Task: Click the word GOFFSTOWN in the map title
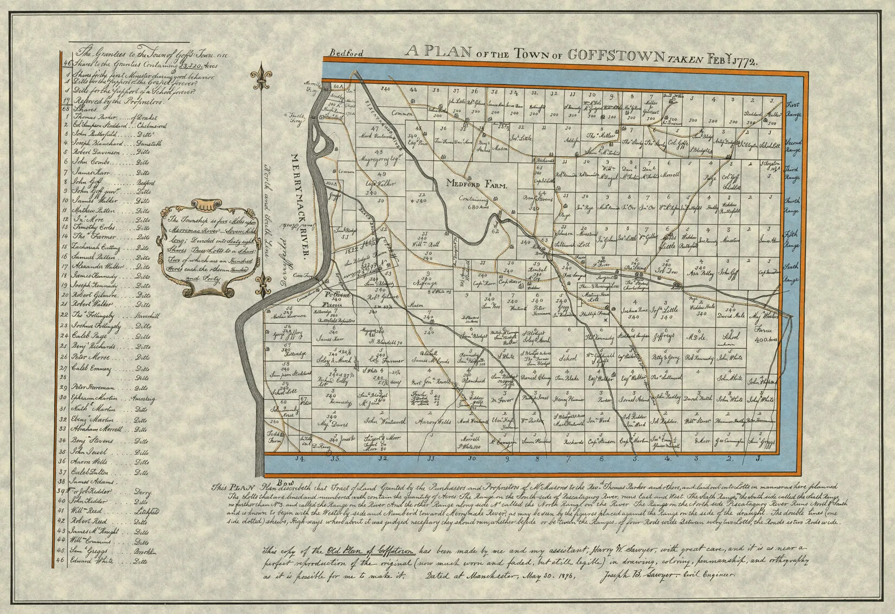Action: coord(617,54)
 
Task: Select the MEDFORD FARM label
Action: coord(476,185)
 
